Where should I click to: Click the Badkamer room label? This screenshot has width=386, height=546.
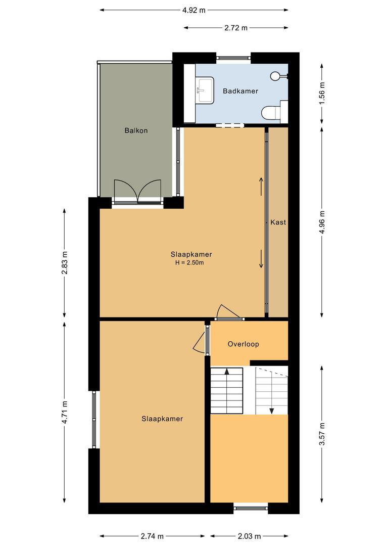[x=240, y=91]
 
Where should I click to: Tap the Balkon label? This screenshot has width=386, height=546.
[x=136, y=130]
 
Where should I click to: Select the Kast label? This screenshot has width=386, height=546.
[x=278, y=222]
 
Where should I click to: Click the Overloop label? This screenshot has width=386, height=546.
[x=244, y=344]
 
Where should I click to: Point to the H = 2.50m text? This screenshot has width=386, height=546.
[x=189, y=263]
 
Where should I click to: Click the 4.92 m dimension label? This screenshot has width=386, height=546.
[x=194, y=10]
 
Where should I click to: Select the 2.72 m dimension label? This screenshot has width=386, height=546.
[x=236, y=28]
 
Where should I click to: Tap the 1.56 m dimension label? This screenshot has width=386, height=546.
[x=322, y=94]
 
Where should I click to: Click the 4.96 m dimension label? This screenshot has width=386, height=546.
[x=322, y=222]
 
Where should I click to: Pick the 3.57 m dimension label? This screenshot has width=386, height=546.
[x=322, y=434]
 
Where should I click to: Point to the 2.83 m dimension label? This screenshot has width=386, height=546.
[x=64, y=262]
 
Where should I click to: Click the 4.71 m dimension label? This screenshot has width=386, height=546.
[x=64, y=413]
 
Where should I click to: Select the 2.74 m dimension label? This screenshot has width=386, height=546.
[x=152, y=536]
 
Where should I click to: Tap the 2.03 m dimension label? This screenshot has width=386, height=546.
[x=249, y=536]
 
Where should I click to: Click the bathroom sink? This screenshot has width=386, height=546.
[x=205, y=90]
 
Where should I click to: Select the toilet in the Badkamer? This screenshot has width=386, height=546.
[x=274, y=111]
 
